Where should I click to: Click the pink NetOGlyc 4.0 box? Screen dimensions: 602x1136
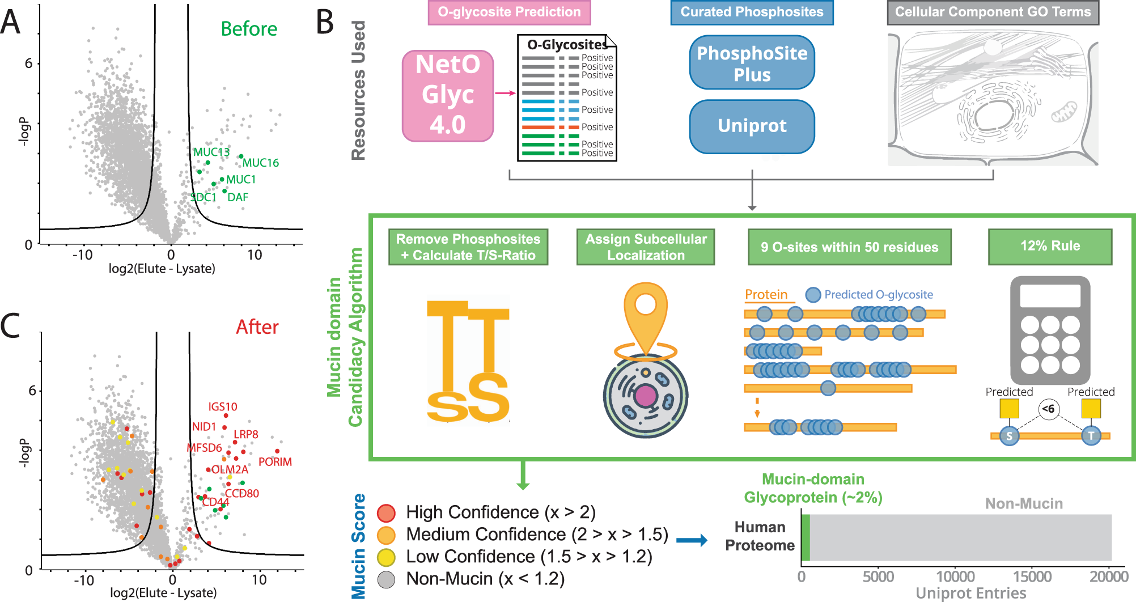coord(448,95)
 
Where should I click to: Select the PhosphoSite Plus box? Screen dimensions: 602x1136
coord(752,63)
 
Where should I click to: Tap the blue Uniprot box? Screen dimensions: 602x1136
coord(752,126)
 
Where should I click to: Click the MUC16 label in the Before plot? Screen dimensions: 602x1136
coord(261,163)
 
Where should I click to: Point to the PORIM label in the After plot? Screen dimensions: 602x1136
coord(275,462)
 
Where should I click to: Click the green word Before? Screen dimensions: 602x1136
coord(249,29)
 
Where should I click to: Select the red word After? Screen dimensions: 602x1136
coord(257,327)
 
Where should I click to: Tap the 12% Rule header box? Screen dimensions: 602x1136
coord(1050,246)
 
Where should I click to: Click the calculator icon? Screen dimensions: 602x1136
coord(1050,330)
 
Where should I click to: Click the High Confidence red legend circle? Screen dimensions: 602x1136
coord(386,513)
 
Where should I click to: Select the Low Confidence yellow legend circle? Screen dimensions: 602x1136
coord(386,557)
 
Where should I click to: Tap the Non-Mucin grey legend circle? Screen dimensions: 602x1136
coord(386,579)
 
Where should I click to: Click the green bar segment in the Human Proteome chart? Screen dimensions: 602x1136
coord(806,537)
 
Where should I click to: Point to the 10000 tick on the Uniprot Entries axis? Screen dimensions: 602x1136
coord(955,576)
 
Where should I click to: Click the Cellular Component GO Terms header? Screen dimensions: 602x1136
coord(993,12)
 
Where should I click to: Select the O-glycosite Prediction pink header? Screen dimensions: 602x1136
coord(509,12)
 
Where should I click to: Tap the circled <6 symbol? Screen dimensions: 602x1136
coord(1049,409)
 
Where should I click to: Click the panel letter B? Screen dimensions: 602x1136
coord(325,23)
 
